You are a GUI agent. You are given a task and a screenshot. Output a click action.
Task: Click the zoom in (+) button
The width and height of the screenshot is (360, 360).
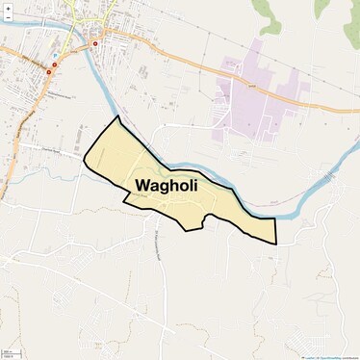pos(8,8)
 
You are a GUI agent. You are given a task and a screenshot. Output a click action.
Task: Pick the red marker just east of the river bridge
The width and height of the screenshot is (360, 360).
pos(94,43)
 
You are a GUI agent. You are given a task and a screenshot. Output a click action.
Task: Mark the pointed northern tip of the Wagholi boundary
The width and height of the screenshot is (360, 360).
pos(118,116)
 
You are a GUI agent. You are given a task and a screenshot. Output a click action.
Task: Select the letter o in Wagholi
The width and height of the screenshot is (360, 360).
pos(183,186)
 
